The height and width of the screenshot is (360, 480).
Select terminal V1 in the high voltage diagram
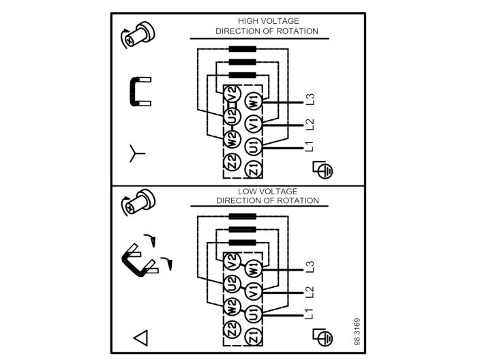254,125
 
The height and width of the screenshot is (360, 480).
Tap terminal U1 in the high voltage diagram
254,147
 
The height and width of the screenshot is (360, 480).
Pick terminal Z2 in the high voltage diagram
232,163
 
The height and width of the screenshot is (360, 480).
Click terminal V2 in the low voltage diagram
232,260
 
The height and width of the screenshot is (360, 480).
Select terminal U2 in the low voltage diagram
232,282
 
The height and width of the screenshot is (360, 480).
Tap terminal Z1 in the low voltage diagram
254,335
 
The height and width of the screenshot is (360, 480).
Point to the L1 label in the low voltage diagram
310,314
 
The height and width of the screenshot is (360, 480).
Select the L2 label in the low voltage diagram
310,292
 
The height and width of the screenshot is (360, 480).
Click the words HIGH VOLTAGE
268,21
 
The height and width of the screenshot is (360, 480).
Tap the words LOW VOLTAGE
267,192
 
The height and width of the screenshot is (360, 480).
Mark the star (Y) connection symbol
137,154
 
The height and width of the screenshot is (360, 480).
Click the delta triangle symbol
140,336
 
